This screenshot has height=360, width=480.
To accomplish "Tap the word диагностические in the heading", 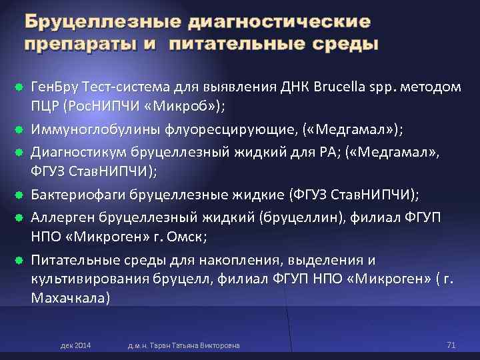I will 279,22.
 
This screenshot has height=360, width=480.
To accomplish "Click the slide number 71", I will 450,345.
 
